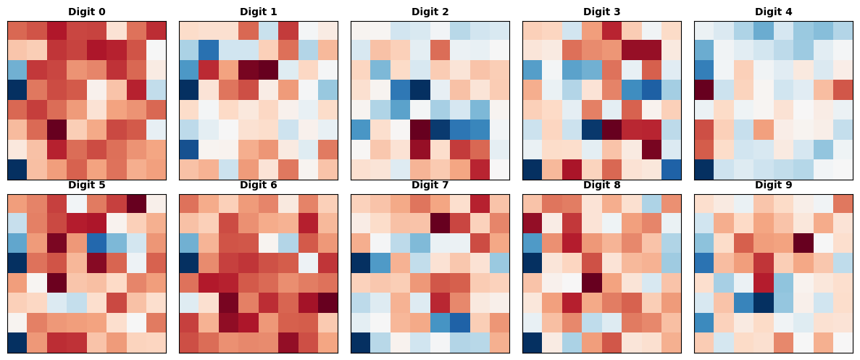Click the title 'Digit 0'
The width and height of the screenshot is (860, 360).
coord(87,12)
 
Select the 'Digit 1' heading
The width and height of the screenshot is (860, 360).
coord(259,12)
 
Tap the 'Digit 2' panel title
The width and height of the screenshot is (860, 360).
coord(430,12)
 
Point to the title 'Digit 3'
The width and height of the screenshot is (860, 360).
coord(602,12)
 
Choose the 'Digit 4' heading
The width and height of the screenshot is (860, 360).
coord(774,12)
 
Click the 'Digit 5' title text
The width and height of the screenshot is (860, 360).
coord(87,185)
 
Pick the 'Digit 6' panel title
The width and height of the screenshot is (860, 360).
coord(259,185)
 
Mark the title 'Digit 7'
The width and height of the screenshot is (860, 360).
coord(430,185)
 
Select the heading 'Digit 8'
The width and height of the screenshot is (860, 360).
coord(602,185)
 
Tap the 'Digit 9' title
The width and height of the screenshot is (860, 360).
coord(774,185)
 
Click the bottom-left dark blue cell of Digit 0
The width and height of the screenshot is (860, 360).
coord(17,169)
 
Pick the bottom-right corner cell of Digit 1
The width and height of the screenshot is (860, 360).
coord(327,169)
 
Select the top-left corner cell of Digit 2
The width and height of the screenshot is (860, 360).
coord(361,31)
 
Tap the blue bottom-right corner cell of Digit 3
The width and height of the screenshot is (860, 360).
coord(671,169)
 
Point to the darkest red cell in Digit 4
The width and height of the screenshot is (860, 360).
coord(704,91)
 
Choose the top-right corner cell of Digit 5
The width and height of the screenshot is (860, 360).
coord(156,204)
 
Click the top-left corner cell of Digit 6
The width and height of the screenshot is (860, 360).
coord(189,204)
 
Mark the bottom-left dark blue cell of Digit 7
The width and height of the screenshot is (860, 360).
coord(361,343)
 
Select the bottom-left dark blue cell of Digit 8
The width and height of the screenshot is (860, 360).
coord(533,343)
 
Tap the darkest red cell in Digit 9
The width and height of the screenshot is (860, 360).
coord(803,243)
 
